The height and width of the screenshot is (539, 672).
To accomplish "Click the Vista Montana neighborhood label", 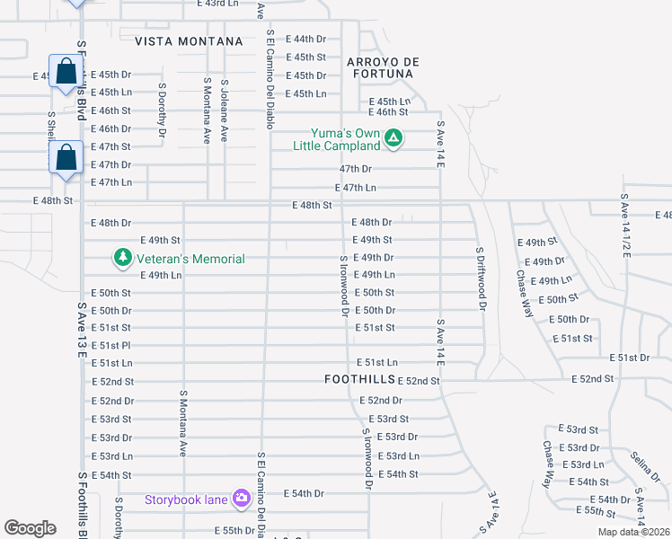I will click(x=189, y=41).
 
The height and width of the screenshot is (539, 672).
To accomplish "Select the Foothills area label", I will click(x=359, y=380).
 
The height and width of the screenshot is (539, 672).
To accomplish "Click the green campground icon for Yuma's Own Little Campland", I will click(x=393, y=138).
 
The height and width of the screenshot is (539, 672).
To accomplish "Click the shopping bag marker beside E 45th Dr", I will click(x=66, y=72).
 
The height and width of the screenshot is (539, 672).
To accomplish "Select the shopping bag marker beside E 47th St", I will click(x=66, y=156).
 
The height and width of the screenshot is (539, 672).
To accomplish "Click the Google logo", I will click(x=30, y=528).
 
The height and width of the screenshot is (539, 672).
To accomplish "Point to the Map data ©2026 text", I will click(x=633, y=532).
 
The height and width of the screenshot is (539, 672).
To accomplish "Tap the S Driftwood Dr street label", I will click(x=481, y=279).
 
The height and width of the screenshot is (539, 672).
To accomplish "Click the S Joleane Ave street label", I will click(x=225, y=113).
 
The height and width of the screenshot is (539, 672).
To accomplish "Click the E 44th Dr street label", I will click(x=305, y=39).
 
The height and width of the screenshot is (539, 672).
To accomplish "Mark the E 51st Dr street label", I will click(x=629, y=358).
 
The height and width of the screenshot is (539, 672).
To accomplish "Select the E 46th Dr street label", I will click(x=111, y=128).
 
